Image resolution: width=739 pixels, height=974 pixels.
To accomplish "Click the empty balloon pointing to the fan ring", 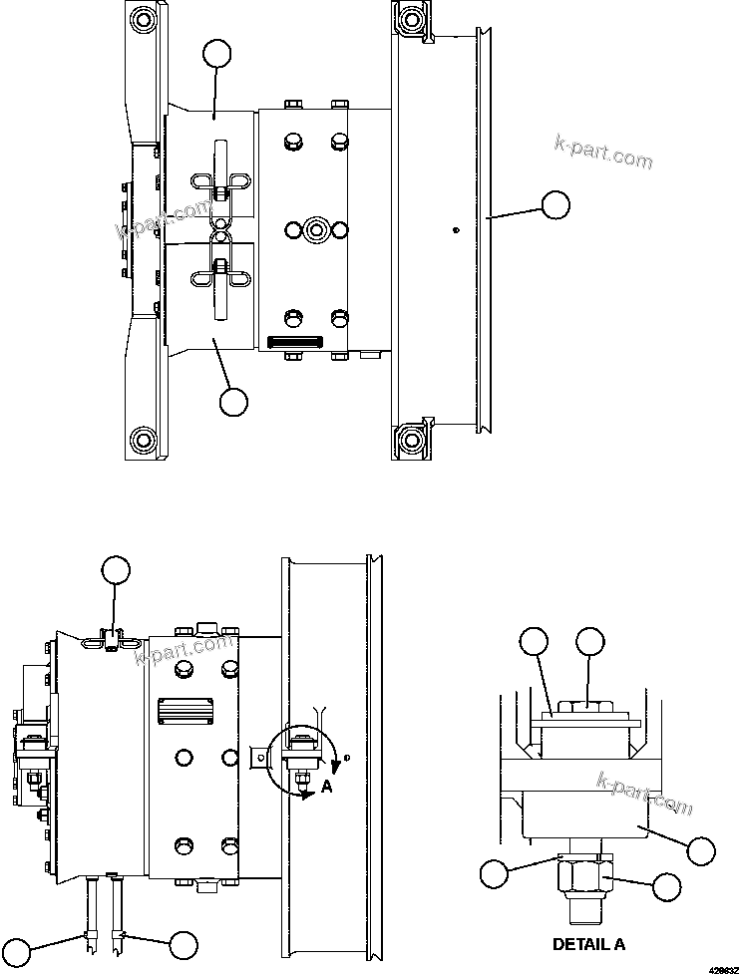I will coord(555,205).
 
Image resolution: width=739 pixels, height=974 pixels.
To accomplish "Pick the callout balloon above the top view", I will coord(216,53).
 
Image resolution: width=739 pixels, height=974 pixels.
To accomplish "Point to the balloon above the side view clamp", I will coord(117,569).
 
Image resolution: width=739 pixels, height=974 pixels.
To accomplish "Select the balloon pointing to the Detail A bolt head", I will coord(590,642).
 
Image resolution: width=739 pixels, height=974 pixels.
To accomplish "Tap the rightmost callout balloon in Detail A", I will coord(702,849).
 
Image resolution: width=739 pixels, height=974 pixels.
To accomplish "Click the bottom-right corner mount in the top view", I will coord(410,439).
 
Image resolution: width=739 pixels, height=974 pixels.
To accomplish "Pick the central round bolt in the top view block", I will coord(316,229).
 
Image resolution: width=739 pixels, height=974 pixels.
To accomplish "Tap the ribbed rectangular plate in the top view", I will coord(294,343).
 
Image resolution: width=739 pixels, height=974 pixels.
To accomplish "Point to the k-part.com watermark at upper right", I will coord(603,152).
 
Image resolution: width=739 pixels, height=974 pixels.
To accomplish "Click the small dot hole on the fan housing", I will coord(455,231).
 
